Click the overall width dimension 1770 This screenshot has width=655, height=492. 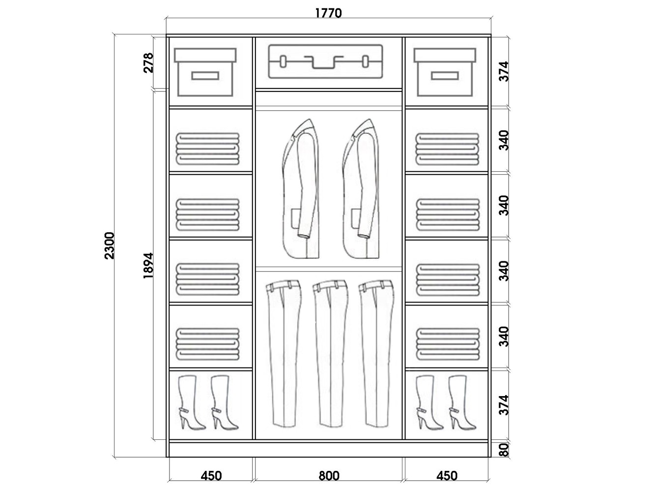328,13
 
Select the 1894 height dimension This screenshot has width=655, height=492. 148,266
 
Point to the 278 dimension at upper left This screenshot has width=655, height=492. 148,63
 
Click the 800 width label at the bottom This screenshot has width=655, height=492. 329,476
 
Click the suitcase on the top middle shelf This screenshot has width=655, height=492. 325,62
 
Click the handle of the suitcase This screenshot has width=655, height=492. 325,62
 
